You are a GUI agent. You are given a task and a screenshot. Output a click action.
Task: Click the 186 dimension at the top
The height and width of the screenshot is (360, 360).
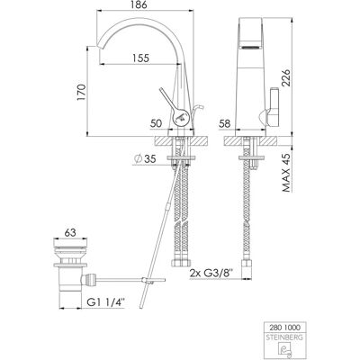pos(140,5)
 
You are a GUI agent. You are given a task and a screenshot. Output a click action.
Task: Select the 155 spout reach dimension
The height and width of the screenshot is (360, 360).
pos(140,58)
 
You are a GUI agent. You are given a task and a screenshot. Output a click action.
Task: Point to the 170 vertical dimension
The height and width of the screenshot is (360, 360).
pos(81,92)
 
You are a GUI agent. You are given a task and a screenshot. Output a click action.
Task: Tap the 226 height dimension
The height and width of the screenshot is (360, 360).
pos(285,78)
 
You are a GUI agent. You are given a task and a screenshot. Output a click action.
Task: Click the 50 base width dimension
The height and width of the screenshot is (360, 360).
pos(156,123)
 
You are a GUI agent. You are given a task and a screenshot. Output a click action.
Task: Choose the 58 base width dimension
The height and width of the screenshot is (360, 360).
pos(225,123)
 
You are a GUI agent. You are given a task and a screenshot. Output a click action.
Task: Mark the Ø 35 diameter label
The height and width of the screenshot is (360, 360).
pos(146,159)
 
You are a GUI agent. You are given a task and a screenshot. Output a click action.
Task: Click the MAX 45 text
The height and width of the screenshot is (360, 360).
pos(286,173)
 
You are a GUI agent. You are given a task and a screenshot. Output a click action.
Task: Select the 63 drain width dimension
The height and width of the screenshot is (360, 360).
pos(70,232)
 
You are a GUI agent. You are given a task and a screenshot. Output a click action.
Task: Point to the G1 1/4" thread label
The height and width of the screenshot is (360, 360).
pos(105,302)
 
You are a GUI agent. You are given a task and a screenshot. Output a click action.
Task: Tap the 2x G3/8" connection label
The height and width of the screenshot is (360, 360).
pos(211,274)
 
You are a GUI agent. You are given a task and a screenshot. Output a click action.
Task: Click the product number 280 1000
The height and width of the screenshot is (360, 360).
pos(283,327)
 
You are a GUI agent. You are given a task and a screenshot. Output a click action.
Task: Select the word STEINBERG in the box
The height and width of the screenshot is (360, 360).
pos(283,337)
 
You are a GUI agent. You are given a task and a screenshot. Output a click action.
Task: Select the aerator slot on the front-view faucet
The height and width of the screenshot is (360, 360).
pos(251,47)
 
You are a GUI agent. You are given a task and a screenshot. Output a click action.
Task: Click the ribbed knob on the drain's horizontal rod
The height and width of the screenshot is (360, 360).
pos(90,280)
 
